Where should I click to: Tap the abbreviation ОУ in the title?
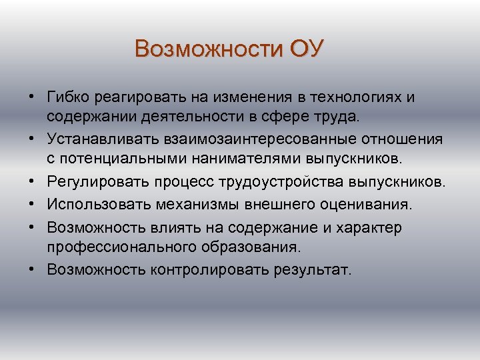[x=306, y=49]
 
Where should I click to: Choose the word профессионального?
[x=119, y=247]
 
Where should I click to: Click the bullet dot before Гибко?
[x=32, y=98]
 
